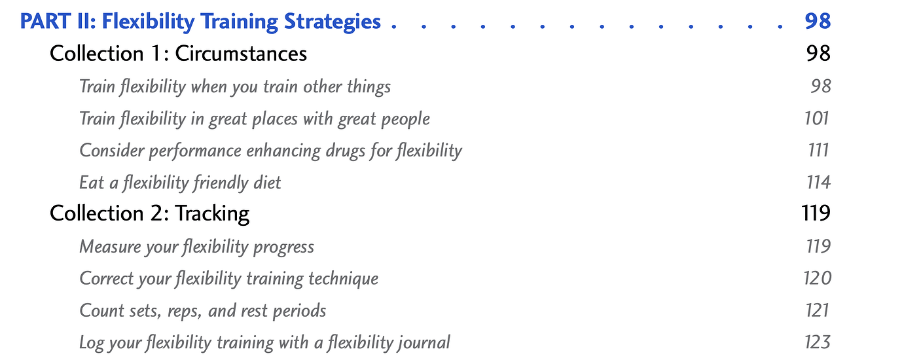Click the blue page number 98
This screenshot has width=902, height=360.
[818, 21]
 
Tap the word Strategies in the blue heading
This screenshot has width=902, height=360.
[333, 22]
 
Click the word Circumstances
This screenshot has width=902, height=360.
[241, 54]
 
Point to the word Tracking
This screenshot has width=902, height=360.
[212, 213]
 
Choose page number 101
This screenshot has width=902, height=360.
[817, 118]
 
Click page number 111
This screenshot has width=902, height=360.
[818, 150]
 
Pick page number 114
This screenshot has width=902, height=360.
[818, 183]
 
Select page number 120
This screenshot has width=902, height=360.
[817, 278]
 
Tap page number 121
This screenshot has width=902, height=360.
[817, 310]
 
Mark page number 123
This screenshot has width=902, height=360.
[818, 342]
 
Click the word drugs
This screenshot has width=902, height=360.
[346, 151]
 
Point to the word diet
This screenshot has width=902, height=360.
[267, 183]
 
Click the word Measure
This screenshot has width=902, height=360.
[109, 247]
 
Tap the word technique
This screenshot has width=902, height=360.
[343, 279]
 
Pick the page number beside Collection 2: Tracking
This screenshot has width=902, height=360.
[816, 213]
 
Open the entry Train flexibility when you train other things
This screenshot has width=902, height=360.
[235, 87]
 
